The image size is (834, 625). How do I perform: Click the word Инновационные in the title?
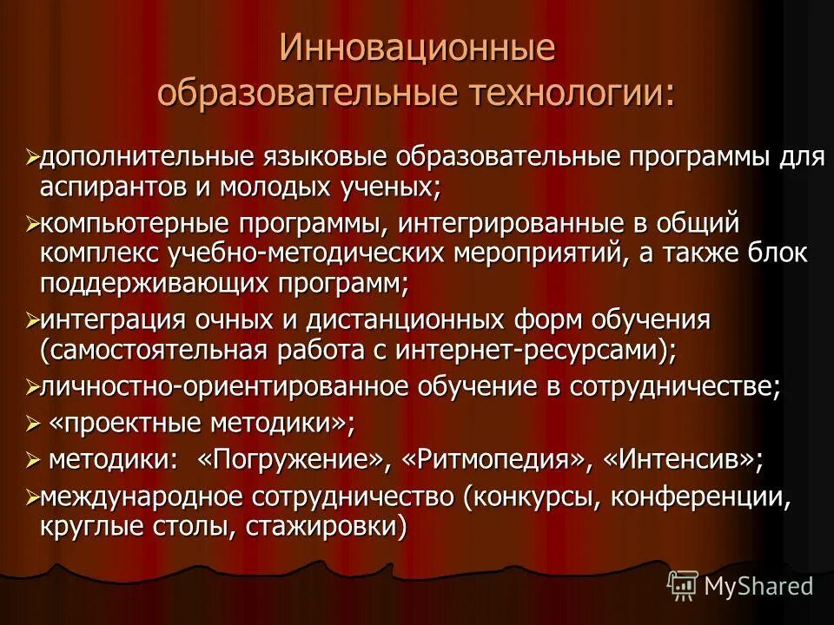pos(417,48)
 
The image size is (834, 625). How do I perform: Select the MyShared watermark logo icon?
pos(682,585)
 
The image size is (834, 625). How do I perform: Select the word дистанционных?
pos(394,320)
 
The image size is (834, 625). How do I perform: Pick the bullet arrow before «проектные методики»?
pos(33,424)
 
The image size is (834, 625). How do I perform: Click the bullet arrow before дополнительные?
pos(33,158)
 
